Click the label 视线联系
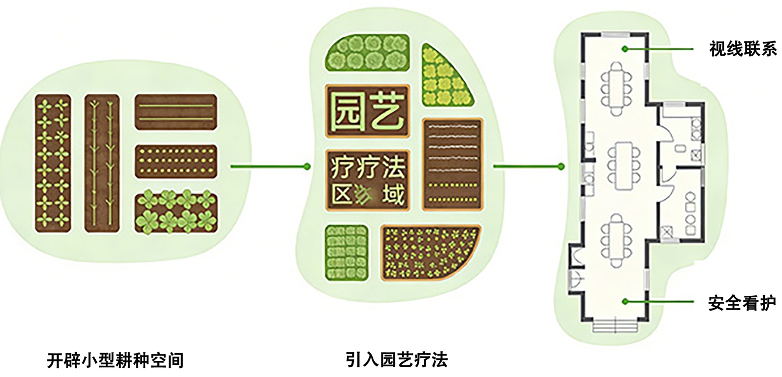click(742, 49)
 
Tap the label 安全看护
click(741, 303)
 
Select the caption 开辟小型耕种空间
click(115, 360)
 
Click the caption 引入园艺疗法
click(396, 360)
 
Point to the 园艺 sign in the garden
click(367, 112)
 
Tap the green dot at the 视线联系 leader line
click(625, 49)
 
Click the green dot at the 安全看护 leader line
click(625, 301)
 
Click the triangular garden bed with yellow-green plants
click(443, 78)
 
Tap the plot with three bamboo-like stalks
click(102, 163)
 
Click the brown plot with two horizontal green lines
click(176, 112)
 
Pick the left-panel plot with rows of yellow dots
click(176, 161)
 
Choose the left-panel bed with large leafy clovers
click(176, 212)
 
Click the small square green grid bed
click(346, 253)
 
